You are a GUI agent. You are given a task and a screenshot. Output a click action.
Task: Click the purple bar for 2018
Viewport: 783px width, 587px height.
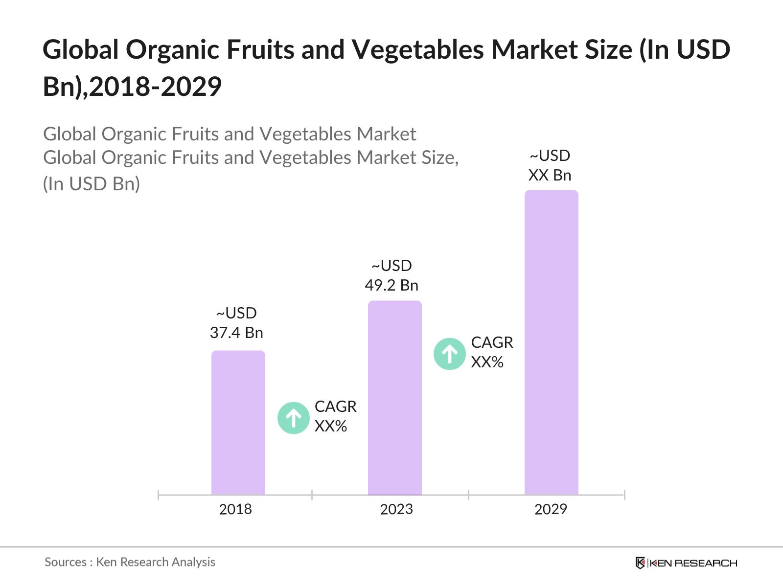point(238,423)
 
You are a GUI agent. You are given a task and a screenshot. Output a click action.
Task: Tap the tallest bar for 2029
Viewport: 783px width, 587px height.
point(551,342)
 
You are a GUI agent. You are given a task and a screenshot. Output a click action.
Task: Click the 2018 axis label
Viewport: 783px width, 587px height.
point(235,509)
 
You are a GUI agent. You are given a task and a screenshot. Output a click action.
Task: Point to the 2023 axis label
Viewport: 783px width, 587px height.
point(396,509)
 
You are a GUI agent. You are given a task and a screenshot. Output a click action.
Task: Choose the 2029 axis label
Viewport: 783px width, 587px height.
point(551,509)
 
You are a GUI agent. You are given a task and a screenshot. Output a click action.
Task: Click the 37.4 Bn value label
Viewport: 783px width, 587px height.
point(236,333)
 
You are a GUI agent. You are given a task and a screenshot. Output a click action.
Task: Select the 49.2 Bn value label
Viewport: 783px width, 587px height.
point(391,285)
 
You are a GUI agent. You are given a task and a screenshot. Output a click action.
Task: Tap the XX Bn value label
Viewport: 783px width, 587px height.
point(550,175)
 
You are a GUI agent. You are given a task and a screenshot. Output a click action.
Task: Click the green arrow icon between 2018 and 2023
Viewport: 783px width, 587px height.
point(293,418)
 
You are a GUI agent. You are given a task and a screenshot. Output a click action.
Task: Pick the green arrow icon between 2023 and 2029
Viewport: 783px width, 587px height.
point(449,354)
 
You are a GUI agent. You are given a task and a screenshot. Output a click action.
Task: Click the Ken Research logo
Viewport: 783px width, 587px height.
point(686,563)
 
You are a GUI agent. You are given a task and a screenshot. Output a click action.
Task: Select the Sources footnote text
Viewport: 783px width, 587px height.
point(130,562)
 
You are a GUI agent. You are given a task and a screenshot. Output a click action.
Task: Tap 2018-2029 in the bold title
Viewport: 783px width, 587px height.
point(156,87)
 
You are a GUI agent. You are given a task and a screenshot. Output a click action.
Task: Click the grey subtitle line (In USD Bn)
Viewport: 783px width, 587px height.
point(92,184)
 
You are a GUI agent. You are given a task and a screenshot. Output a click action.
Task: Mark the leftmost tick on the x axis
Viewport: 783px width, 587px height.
point(159,495)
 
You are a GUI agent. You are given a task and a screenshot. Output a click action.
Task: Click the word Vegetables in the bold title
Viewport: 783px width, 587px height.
point(418,49)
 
